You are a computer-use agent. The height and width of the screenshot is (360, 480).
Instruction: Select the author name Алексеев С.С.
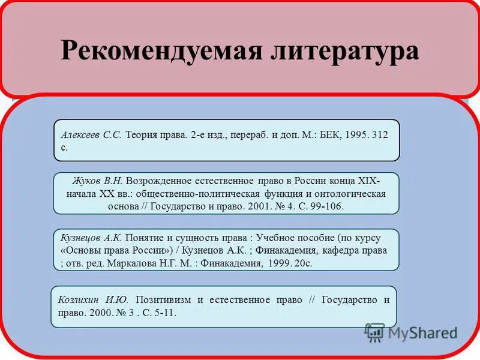pyautogui.click(x=91, y=135)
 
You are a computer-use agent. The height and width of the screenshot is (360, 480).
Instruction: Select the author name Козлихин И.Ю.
pyautogui.click(x=93, y=299)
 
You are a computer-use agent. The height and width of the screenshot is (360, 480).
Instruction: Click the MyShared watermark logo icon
pyautogui.click(x=374, y=332)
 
